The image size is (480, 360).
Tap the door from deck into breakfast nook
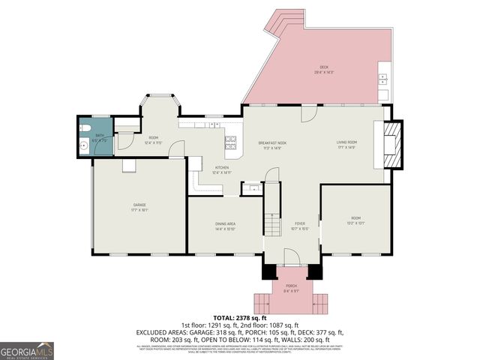point(307,112)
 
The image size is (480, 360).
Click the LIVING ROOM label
point(346,142)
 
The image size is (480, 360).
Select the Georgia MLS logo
point(27,351)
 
